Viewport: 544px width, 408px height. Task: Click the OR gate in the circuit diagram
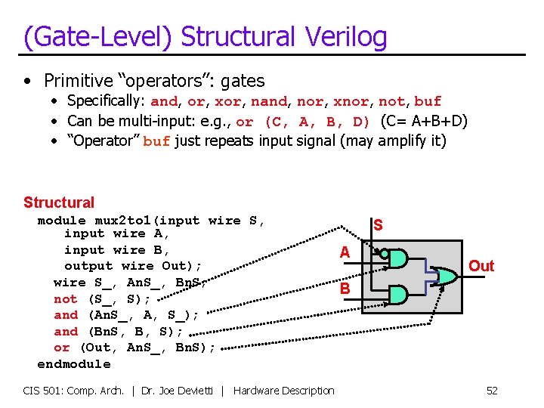[x=446, y=277]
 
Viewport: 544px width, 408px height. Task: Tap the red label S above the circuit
[x=378, y=225]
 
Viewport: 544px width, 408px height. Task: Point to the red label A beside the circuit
[x=345, y=253]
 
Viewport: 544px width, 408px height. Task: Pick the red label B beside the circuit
[x=345, y=289]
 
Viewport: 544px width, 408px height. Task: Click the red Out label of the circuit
[x=481, y=266]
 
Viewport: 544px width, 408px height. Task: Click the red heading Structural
[x=59, y=202]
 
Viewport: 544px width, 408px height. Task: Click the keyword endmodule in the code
[x=74, y=364]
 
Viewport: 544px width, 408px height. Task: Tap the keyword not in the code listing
[x=66, y=299]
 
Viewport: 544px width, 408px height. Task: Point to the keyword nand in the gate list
[x=269, y=101]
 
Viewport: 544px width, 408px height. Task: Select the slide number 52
[x=492, y=391]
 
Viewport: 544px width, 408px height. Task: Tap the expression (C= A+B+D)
[x=425, y=121]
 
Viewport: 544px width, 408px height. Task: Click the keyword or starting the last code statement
[x=62, y=348]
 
